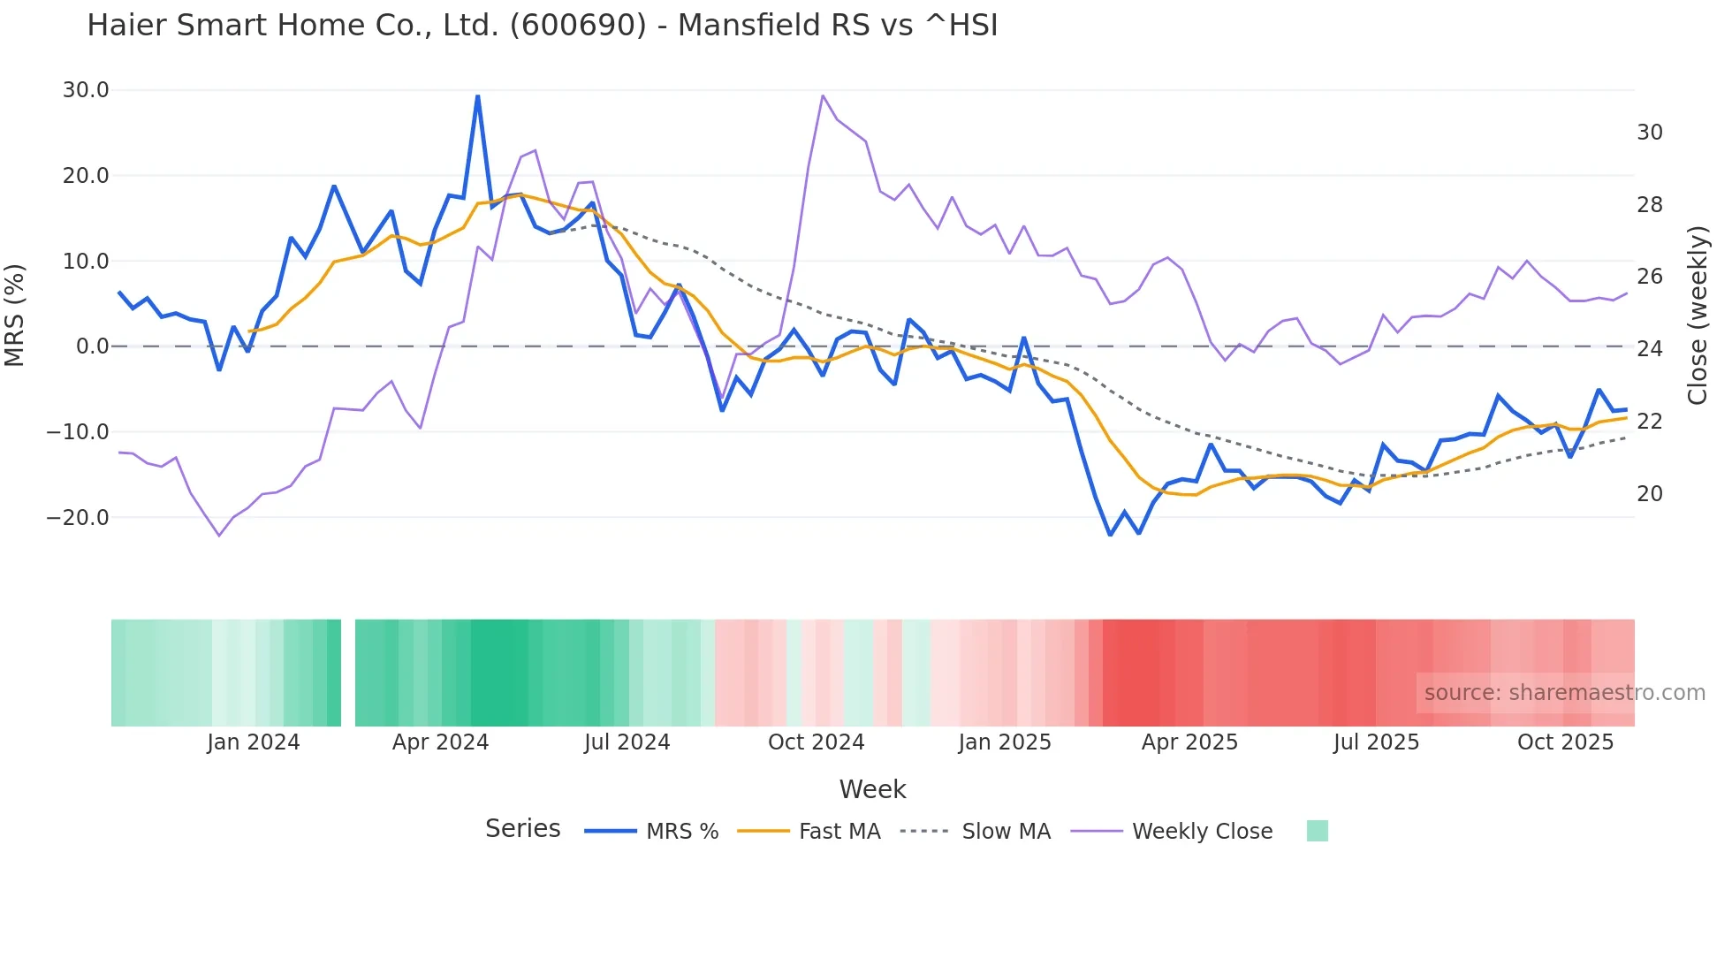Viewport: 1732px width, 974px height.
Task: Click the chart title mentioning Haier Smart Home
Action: [x=542, y=26]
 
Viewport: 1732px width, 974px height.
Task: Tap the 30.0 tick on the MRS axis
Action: [x=86, y=90]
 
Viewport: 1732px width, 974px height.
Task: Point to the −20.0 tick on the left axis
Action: [x=79, y=518]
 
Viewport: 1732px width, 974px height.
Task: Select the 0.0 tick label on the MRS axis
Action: [x=92, y=346]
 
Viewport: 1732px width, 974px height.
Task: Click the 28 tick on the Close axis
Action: [x=1649, y=205]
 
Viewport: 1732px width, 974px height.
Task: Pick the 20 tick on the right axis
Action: [x=1649, y=494]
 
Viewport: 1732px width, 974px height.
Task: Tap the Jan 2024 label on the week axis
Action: [x=254, y=742]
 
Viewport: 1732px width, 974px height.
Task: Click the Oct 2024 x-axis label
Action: [x=816, y=742]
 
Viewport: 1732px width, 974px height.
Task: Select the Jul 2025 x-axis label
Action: [x=1376, y=742]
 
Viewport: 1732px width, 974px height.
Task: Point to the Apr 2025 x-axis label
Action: [x=1189, y=742]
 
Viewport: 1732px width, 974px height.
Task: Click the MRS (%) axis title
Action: [x=15, y=316]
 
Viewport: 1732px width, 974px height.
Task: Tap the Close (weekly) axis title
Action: [x=1697, y=316]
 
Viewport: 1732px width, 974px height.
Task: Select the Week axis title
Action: [x=872, y=789]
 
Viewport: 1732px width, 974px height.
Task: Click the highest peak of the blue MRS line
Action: [x=478, y=96]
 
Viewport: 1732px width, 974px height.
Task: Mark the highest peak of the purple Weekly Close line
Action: [x=823, y=96]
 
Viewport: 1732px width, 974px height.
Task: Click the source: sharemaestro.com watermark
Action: [x=1564, y=693]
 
